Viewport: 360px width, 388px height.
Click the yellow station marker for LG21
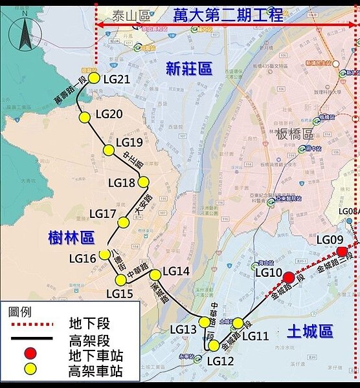93,78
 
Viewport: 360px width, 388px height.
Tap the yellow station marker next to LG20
84,117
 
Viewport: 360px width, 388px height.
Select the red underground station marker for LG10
289,278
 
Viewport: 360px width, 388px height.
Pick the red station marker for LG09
343,252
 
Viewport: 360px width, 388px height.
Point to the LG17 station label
102,213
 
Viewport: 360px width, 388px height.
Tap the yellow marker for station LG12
214,345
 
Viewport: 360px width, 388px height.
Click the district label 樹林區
71,238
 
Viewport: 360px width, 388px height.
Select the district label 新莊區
188,69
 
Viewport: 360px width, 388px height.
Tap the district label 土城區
309,332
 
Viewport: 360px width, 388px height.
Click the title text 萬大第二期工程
229,16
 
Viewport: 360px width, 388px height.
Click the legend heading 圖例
21,310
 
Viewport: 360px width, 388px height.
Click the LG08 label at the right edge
348,211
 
